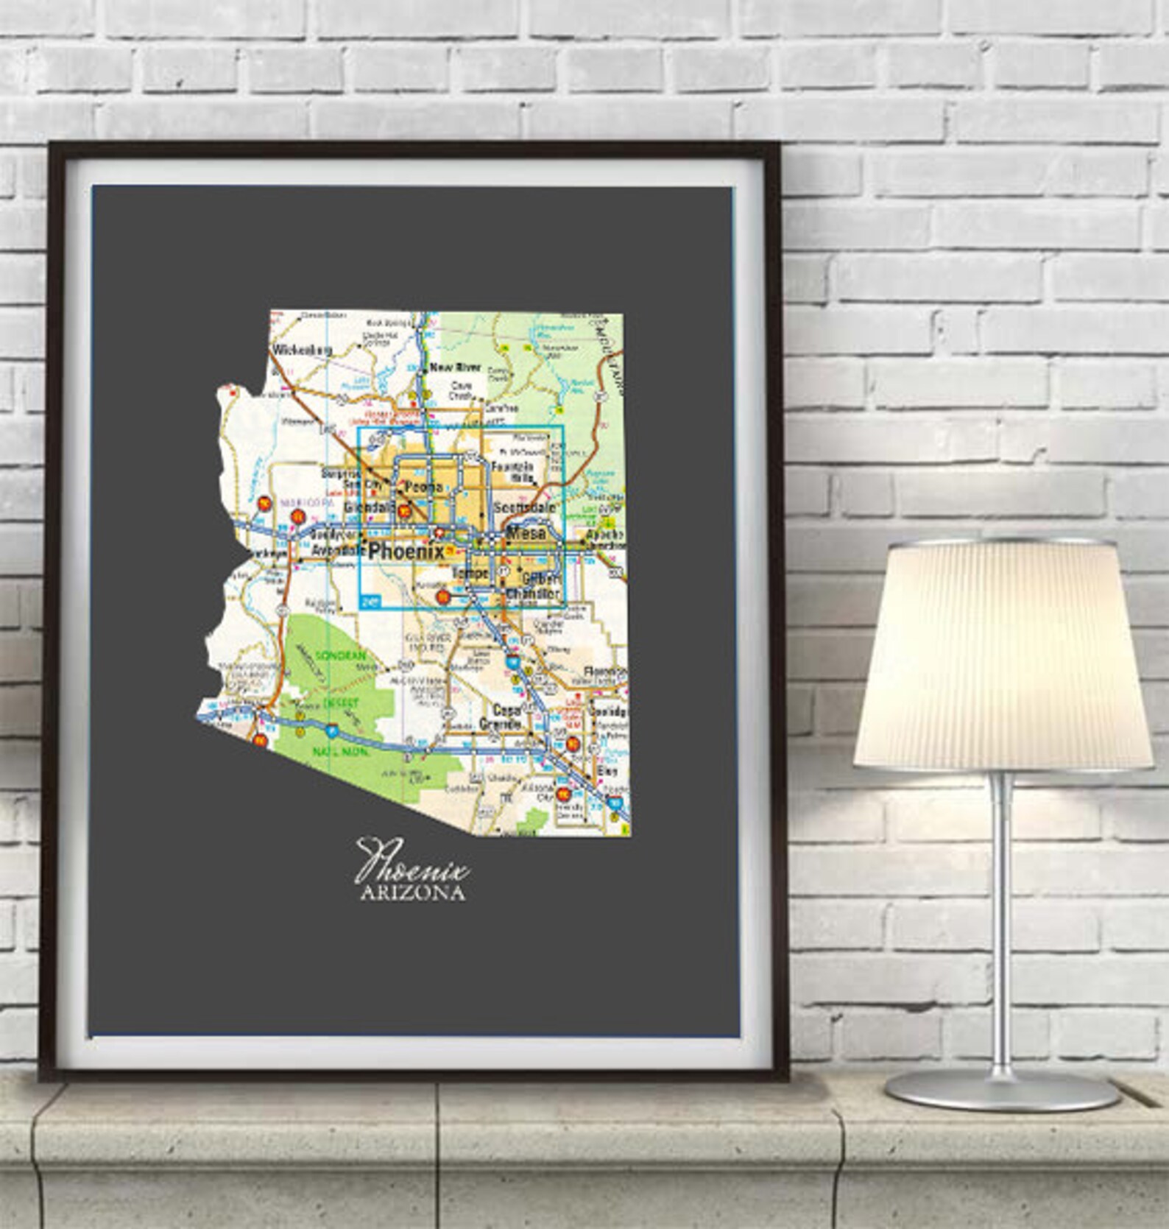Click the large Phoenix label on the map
point(406,551)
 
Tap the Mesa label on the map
point(528,532)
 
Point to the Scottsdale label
point(523,507)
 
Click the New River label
point(455,367)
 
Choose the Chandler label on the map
point(533,593)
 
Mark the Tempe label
point(470,572)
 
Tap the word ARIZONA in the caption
point(412,894)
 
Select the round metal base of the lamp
point(1000,1089)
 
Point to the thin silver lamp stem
point(1000,920)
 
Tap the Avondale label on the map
point(333,551)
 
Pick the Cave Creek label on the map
point(462,390)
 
